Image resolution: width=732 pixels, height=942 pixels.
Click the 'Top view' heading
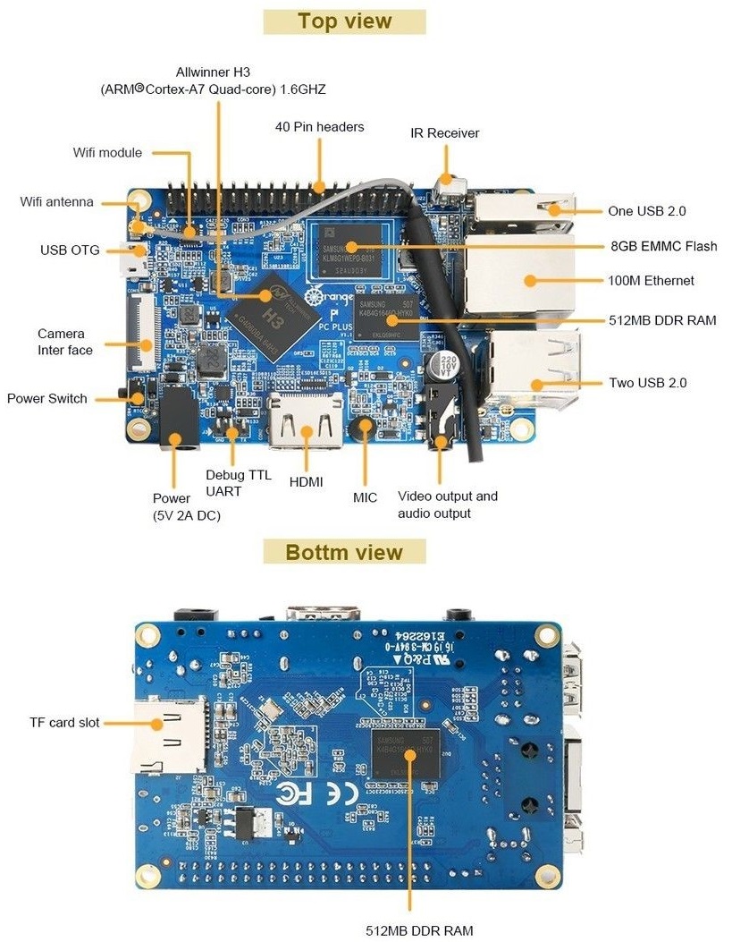tap(344, 21)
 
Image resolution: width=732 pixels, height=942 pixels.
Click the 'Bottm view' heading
tap(344, 552)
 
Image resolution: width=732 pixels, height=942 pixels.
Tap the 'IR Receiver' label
tap(444, 133)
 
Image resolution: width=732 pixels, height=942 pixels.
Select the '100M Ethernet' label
tap(651, 280)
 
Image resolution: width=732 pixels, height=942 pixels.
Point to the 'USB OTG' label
tap(70, 250)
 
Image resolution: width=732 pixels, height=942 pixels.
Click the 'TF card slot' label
tap(64, 722)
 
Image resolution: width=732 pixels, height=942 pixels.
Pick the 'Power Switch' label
tap(47, 398)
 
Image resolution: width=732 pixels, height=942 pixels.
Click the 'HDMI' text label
tap(307, 481)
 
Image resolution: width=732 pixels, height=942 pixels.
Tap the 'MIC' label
tap(365, 497)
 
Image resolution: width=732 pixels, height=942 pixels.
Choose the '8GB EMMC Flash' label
tap(663, 246)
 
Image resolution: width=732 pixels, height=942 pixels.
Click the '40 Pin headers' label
tap(319, 127)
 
